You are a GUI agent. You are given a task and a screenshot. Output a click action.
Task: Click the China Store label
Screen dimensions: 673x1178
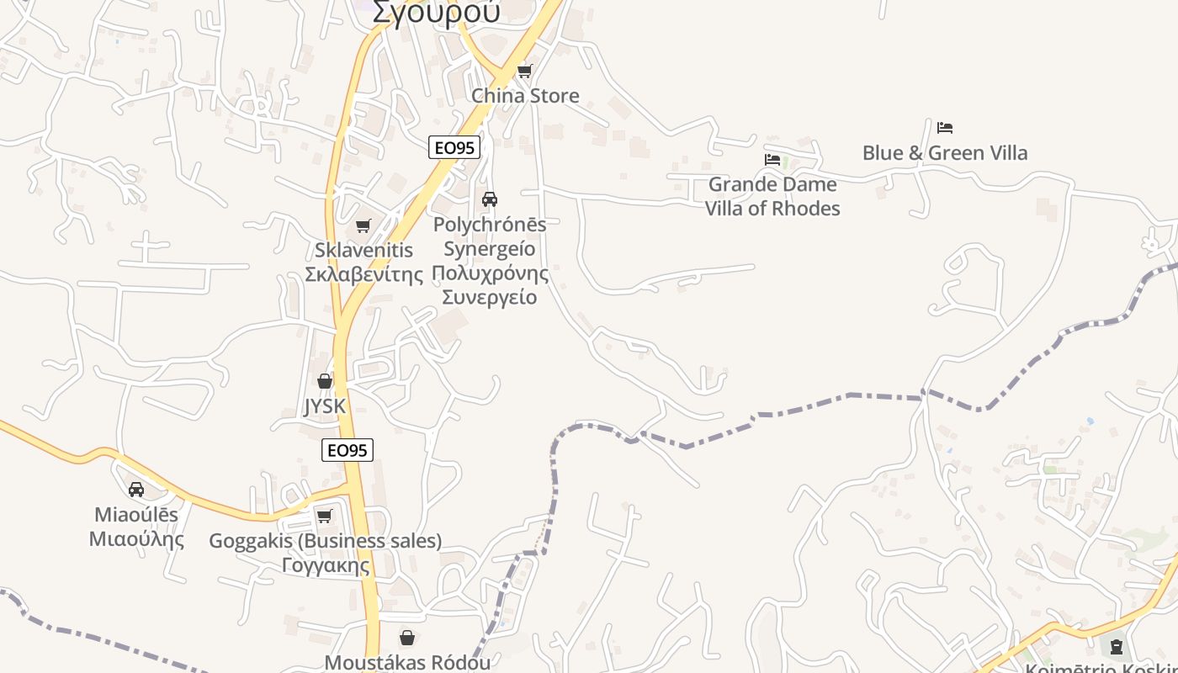click(x=525, y=95)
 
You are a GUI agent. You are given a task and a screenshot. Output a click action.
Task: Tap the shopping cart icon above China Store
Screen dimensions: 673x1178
click(x=525, y=71)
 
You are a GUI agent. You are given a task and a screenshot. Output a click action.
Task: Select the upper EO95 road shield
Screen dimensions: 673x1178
click(x=454, y=147)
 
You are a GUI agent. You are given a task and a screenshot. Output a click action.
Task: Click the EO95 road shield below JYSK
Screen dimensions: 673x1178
click(x=347, y=450)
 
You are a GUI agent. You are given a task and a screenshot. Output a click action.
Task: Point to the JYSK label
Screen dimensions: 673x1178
click(x=325, y=406)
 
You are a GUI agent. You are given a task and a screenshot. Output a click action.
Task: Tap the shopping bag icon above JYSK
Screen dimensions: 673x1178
click(x=325, y=381)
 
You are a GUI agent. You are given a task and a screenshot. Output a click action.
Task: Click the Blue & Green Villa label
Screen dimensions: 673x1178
click(x=944, y=152)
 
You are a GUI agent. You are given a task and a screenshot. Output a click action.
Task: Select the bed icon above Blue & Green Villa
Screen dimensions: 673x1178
click(x=944, y=128)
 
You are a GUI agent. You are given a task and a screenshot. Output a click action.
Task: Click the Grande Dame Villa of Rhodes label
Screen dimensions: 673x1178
click(x=772, y=196)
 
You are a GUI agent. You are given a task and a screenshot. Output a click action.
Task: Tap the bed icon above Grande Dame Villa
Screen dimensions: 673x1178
click(x=772, y=160)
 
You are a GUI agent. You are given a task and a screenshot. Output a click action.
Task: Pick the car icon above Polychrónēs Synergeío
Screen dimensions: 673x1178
click(x=490, y=199)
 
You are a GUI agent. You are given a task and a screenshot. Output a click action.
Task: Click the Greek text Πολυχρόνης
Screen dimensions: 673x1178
click(x=490, y=273)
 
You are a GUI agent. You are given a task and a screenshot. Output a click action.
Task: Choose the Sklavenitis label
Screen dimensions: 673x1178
click(x=363, y=250)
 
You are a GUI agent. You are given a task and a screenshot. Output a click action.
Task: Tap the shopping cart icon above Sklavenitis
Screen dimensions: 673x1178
click(x=363, y=226)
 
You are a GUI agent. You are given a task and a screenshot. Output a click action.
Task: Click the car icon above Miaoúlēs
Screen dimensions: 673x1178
click(x=136, y=490)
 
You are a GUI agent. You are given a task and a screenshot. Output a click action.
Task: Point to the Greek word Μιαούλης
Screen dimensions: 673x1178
click(x=136, y=539)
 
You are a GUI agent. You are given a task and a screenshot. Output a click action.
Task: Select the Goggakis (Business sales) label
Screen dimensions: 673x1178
click(x=325, y=541)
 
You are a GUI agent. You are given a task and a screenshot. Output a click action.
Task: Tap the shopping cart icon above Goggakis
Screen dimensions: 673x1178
click(x=325, y=516)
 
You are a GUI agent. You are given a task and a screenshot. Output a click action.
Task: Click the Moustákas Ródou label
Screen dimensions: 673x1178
click(x=407, y=662)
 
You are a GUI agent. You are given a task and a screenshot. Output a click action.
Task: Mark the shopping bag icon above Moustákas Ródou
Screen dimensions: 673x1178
click(x=407, y=638)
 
